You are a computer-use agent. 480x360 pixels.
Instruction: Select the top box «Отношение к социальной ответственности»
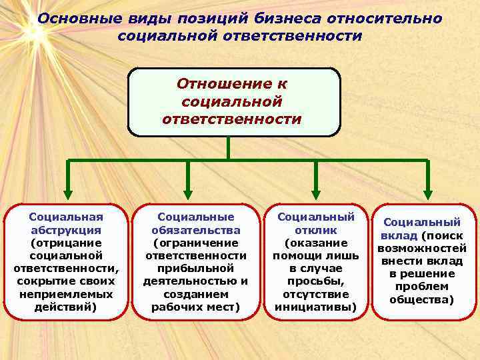(x=233, y=102)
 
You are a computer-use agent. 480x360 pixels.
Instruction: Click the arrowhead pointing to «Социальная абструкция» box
(x=67, y=189)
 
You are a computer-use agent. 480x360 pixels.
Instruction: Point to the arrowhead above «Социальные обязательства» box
(x=188, y=189)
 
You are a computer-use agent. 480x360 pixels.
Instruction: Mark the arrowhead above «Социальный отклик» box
(x=308, y=189)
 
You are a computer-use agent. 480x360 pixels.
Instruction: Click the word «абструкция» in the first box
(x=66, y=230)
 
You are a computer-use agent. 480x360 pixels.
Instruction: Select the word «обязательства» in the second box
(x=195, y=230)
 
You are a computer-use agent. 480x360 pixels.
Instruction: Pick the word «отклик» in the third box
(x=315, y=230)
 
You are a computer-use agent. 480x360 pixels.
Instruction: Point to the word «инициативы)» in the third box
(x=315, y=307)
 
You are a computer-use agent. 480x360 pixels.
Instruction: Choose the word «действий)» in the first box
(x=66, y=307)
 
